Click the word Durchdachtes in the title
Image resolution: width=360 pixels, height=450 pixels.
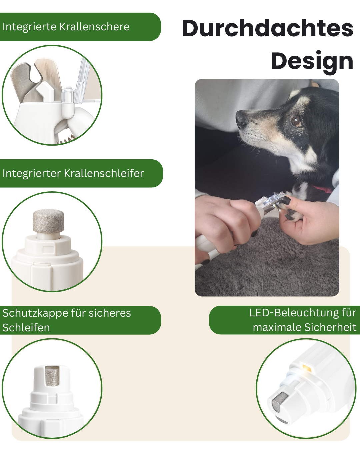pos(267,28)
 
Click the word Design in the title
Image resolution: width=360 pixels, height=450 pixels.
pos(312,61)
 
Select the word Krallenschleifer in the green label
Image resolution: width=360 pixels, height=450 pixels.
pos(104,173)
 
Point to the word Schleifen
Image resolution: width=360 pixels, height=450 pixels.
pos(26,328)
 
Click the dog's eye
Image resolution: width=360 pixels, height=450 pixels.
pos(296,120)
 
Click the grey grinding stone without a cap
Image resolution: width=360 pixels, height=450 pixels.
pos(48,221)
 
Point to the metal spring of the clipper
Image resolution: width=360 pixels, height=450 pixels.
pos(67,140)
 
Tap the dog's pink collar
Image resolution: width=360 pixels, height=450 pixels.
pos(322,189)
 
